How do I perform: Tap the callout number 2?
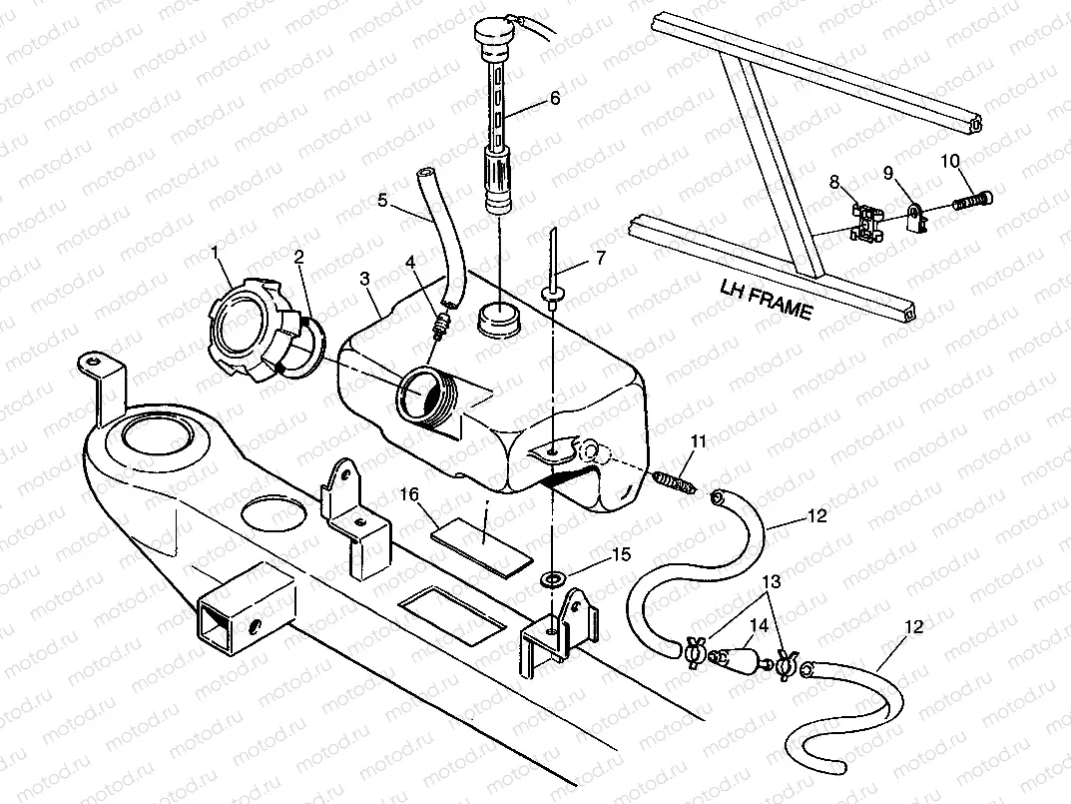(x=298, y=257)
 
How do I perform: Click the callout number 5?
(x=382, y=199)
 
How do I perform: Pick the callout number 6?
(x=555, y=98)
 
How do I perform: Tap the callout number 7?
(x=600, y=259)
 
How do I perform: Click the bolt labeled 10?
(x=974, y=201)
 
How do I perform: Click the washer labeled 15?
(x=551, y=578)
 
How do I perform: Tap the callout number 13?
(x=771, y=579)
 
